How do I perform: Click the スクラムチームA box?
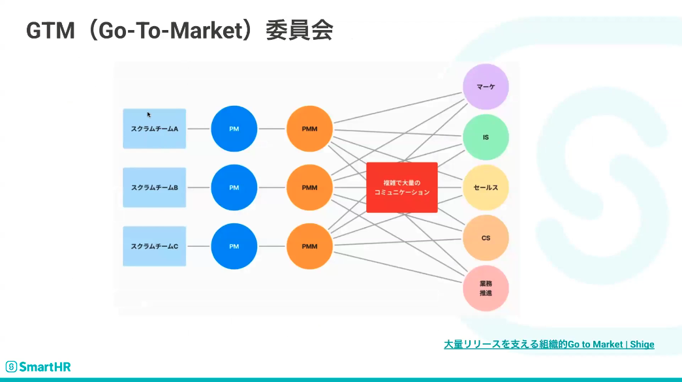(x=155, y=129)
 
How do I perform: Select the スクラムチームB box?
(x=155, y=187)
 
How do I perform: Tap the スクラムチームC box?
(x=155, y=246)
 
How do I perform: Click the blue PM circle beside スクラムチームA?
(x=234, y=129)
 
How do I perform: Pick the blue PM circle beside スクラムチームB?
(x=234, y=187)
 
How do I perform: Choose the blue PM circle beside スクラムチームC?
(x=234, y=246)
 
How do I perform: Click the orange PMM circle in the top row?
(x=310, y=129)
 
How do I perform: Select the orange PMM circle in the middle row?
(x=310, y=187)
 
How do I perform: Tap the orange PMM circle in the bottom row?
(x=310, y=246)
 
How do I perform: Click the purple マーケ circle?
(x=486, y=87)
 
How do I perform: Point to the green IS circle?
(x=486, y=137)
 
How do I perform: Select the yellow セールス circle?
(x=486, y=187)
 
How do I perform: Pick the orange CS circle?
(x=486, y=238)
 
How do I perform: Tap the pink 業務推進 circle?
(x=486, y=289)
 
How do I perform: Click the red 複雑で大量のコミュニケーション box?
(x=402, y=187)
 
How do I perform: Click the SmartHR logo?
(x=39, y=367)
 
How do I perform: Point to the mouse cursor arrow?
(x=148, y=114)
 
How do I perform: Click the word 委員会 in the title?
(x=300, y=31)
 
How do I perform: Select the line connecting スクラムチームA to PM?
(x=199, y=129)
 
